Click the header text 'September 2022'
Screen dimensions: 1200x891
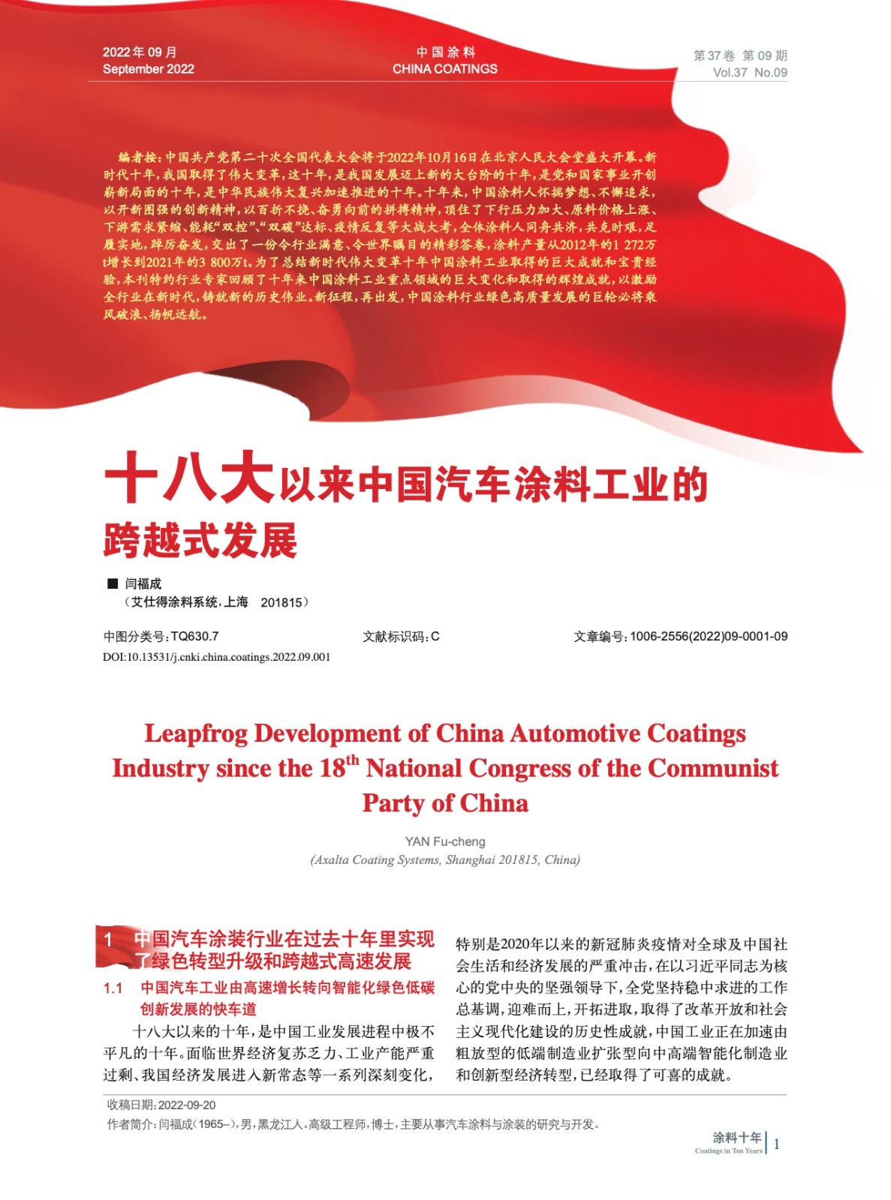pos(148,69)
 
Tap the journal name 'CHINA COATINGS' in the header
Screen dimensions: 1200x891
pos(444,69)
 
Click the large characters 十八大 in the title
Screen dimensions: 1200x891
pos(189,478)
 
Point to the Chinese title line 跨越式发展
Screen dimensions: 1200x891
pos(200,540)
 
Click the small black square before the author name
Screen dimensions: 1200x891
pos(113,583)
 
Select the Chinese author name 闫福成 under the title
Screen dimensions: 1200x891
pos(143,583)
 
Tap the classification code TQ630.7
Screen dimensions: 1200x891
pos(194,636)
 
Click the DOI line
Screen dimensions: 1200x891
pos(216,657)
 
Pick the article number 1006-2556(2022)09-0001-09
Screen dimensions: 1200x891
pos(709,636)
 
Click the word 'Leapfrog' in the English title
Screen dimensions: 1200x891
pos(196,733)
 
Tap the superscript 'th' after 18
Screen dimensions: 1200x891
pos(352,760)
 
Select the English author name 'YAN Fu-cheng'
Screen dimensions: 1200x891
pos(445,841)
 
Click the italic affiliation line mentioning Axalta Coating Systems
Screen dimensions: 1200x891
pos(445,859)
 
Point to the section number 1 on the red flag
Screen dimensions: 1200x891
pos(109,940)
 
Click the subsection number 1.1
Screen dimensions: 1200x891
pos(113,988)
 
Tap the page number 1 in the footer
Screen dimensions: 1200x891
pos(776,1144)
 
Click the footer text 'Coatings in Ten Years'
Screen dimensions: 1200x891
pos(728,1150)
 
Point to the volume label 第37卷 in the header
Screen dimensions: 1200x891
pos(714,55)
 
